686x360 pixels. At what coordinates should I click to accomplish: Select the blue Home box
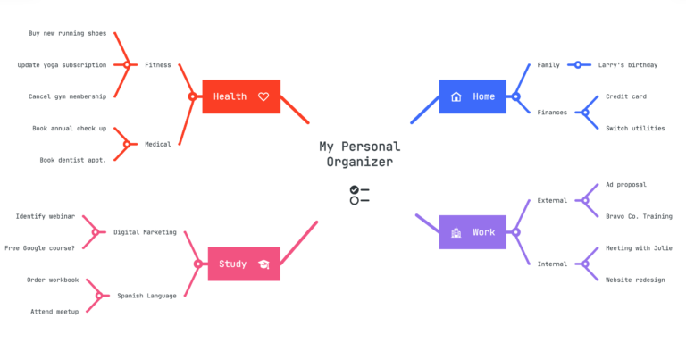click(473, 96)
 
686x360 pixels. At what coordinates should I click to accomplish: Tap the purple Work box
click(473, 232)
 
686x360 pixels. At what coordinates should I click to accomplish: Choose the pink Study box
click(243, 264)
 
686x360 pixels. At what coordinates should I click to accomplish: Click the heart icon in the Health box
click(264, 96)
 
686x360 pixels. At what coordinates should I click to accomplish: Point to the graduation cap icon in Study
click(264, 264)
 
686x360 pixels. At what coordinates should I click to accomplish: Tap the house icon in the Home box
click(456, 96)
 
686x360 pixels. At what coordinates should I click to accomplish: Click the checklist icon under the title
click(359, 195)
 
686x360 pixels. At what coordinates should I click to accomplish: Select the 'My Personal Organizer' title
click(359, 154)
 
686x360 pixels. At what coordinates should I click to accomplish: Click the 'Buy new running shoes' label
click(67, 34)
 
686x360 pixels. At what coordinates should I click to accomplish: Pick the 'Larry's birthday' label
click(627, 65)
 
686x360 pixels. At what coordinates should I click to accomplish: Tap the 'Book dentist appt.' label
click(73, 160)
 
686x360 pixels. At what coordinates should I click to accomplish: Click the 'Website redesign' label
click(635, 280)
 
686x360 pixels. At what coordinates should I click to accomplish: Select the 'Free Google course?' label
click(40, 247)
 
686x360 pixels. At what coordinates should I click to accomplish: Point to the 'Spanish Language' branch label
click(146, 296)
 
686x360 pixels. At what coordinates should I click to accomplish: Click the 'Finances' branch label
click(551, 113)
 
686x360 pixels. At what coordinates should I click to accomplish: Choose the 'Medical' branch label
click(157, 144)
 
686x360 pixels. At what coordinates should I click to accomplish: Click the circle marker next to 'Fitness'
click(127, 65)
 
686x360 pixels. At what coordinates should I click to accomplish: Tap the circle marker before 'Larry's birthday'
click(578, 65)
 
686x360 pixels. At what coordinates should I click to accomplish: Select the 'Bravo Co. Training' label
click(639, 216)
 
